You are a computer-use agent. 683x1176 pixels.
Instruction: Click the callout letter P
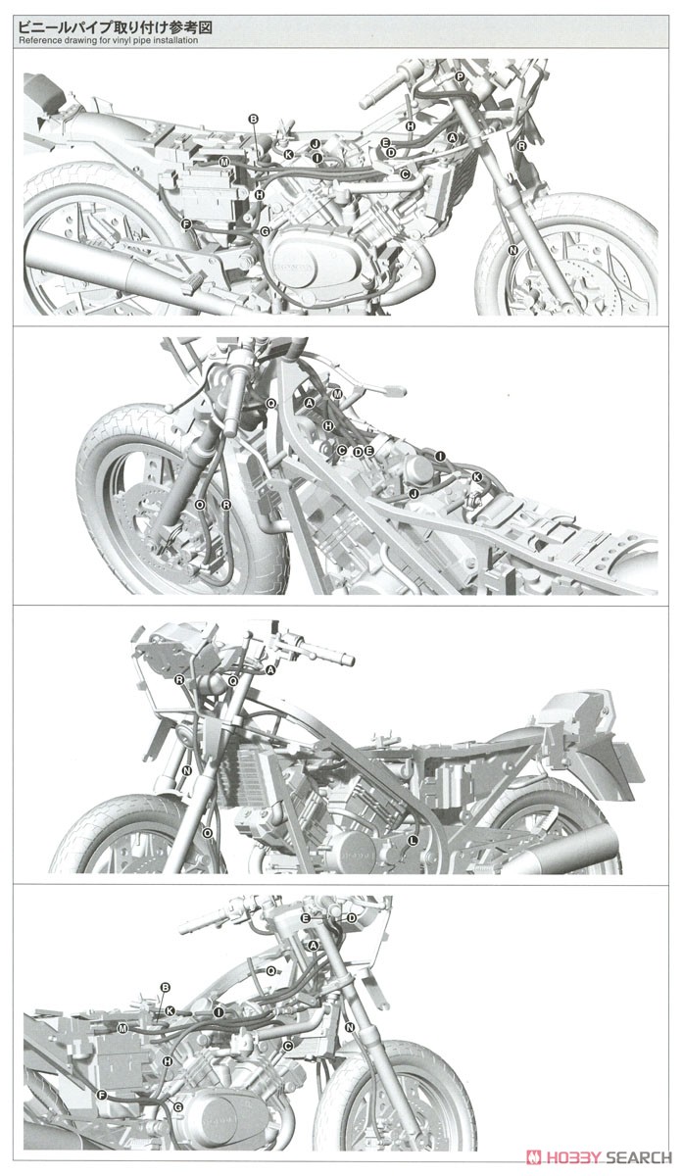(x=459, y=76)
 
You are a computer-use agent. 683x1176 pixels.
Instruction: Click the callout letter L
(x=413, y=840)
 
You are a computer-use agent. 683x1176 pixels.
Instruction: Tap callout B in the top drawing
(x=253, y=119)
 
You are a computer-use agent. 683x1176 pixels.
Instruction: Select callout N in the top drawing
(x=513, y=251)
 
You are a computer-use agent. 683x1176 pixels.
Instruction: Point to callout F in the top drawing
(x=185, y=224)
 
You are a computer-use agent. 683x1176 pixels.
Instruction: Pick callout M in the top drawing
(x=223, y=161)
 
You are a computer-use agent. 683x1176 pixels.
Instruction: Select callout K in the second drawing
(x=477, y=477)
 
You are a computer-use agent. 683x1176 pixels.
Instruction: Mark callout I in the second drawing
(x=441, y=457)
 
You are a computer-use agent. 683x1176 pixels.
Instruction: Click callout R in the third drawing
(x=179, y=679)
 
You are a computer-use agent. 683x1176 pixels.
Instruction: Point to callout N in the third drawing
(x=186, y=770)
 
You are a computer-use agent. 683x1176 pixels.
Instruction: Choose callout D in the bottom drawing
(x=352, y=917)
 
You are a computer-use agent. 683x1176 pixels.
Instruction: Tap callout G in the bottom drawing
(x=177, y=1106)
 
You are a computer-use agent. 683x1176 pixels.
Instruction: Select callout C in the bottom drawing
(x=287, y=1047)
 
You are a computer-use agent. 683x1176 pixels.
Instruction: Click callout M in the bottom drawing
(x=122, y=1028)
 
